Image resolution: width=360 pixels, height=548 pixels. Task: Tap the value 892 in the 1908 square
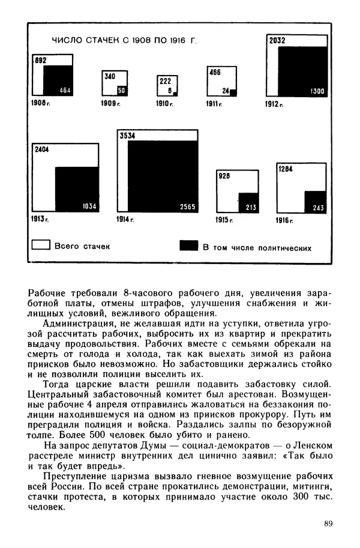(x=41, y=61)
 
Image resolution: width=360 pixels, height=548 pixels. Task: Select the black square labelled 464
(x=57, y=80)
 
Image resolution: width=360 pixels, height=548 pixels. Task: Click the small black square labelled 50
(x=121, y=91)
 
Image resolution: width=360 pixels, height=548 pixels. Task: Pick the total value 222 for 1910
(x=165, y=81)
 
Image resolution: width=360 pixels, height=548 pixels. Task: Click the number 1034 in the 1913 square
(x=88, y=206)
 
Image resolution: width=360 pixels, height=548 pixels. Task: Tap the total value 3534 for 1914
(x=127, y=136)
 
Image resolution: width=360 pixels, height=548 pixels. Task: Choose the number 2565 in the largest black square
(x=187, y=207)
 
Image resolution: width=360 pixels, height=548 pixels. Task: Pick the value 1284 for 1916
(x=285, y=169)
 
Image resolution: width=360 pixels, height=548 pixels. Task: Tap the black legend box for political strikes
(x=188, y=246)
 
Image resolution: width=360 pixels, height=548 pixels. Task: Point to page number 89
(x=328, y=524)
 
